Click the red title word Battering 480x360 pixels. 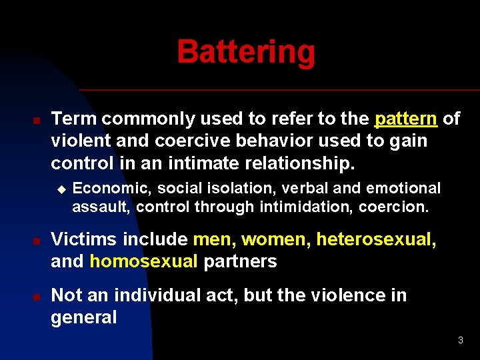pos(246,52)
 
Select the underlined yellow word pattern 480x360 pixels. pos(406,119)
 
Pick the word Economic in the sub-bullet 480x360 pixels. pos(103,189)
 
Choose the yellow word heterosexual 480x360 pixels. pos(376,239)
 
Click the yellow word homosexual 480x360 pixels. pos(143,261)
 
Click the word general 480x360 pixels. pos(83,317)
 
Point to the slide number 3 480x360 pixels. pos(460,341)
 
